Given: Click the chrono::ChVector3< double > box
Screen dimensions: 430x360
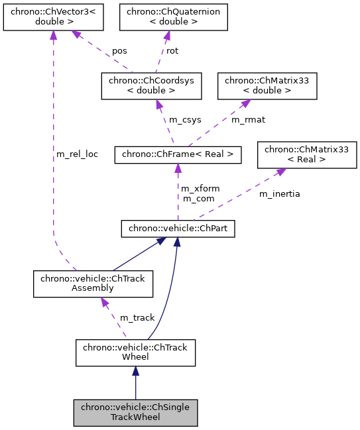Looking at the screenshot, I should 53,17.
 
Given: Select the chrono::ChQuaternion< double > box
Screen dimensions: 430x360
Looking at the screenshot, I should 173,17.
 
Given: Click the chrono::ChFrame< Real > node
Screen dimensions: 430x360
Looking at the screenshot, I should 178,155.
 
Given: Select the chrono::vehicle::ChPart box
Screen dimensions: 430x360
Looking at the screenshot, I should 178,229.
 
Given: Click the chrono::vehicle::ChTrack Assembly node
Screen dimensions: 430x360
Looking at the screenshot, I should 93,284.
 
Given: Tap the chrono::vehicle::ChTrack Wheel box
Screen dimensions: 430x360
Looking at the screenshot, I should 135,352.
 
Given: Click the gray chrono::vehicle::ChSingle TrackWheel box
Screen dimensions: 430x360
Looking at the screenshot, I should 135,412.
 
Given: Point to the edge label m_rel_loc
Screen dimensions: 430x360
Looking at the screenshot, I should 77,154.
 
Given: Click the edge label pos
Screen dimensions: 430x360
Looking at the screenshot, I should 119,50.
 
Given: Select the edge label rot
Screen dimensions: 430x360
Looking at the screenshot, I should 172,50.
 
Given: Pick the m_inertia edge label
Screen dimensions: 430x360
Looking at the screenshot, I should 279,193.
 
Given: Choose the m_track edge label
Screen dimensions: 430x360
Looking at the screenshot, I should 137,318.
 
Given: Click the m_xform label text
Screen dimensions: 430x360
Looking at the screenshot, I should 200,189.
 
